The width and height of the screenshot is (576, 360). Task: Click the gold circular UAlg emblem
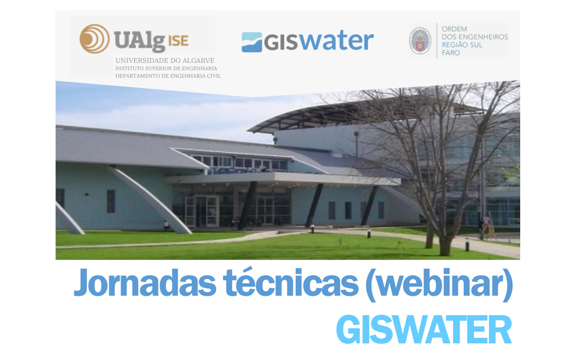(94, 38)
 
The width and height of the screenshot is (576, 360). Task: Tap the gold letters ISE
(178, 40)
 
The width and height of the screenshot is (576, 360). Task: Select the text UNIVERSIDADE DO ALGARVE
(165, 61)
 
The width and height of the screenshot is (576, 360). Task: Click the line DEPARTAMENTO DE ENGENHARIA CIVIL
(168, 76)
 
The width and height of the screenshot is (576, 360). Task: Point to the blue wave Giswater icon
(251, 42)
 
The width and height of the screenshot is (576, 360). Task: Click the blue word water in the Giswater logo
(336, 41)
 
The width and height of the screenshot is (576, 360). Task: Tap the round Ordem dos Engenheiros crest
(420, 41)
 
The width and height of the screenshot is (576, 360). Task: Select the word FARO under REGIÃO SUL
(451, 53)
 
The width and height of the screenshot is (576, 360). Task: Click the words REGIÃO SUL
(462, 45)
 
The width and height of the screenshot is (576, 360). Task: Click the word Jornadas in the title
(145, 283)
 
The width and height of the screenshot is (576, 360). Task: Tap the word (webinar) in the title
(439, 284)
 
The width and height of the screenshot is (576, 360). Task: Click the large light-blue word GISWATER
(424, 329)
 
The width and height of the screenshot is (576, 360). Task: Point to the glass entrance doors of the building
(202, 211)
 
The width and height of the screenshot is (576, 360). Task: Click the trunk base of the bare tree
(445, 246)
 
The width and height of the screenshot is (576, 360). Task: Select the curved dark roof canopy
(364, 114)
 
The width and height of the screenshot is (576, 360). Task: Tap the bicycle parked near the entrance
(242, 224)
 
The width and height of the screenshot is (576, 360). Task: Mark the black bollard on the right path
(467, 246)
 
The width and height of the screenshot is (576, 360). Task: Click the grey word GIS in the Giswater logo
(281, 43)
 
